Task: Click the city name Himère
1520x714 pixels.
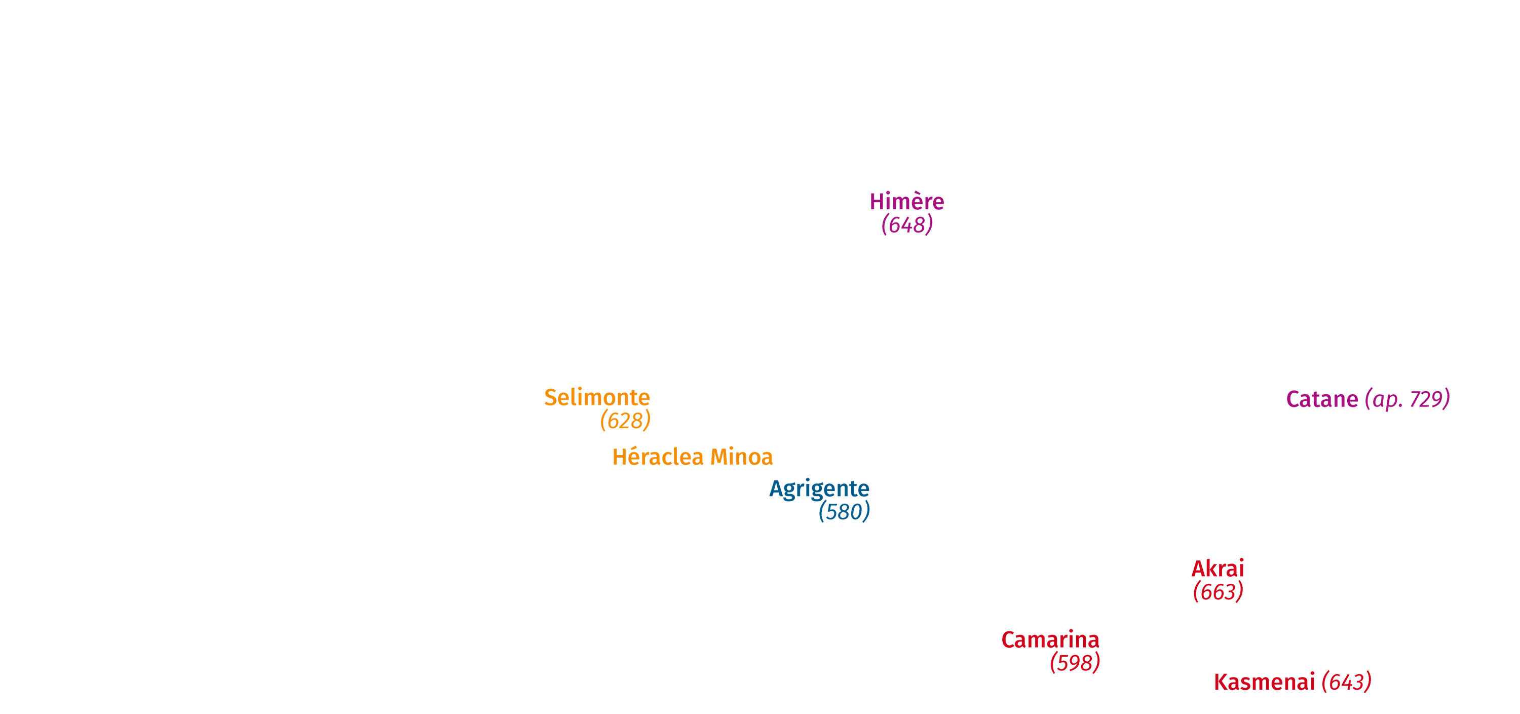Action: (906, 201)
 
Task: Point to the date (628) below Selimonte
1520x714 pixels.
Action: (625, 421)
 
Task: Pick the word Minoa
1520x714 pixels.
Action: (741, 457)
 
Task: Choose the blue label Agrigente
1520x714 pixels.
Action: (819, 489)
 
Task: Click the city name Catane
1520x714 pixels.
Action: (1322, 399)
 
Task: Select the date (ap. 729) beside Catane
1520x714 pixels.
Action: (1408, 399)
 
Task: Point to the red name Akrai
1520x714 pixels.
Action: (1218, 569)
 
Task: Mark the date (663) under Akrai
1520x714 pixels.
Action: (1218, 592)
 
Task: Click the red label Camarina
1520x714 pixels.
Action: (1050, 640)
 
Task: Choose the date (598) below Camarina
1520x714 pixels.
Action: (1075, 663)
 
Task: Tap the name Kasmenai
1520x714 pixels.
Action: (1264, 682)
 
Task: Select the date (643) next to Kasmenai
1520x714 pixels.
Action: (1347, 682)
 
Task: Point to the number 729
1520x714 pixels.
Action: (1426, 399)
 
